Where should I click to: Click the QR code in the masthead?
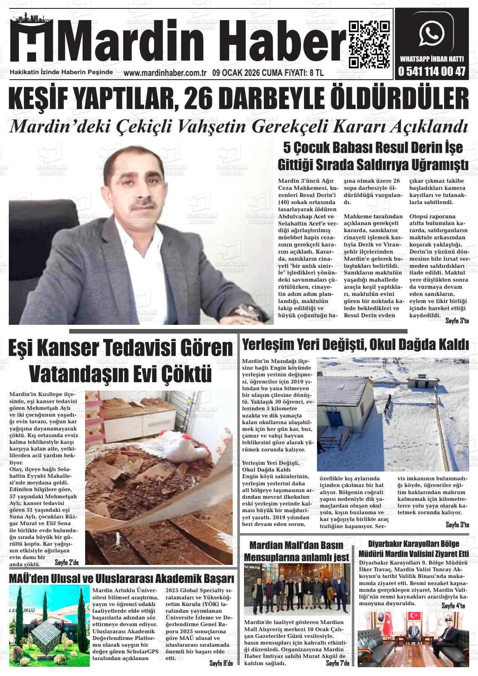[x=369, y=44]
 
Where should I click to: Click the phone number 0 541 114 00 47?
[x=432, y=72]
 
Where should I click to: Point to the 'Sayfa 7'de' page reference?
[x=338, y=663]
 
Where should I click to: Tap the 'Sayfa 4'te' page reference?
[x=453, y=606]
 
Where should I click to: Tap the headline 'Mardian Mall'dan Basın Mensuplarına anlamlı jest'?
[x=296, y=551]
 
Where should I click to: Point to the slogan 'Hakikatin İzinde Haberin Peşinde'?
[x=61, y=73]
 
